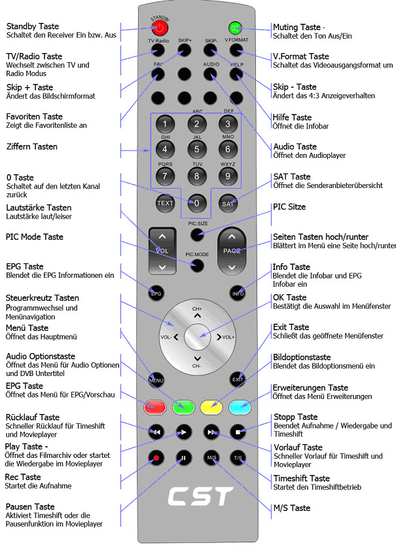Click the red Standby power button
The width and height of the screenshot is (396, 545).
159,28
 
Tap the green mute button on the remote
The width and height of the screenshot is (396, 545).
235,28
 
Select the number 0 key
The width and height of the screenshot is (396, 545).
196,203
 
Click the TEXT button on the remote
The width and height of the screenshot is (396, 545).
165,203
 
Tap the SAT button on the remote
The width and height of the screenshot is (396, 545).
228,203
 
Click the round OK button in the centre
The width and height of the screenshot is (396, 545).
196,337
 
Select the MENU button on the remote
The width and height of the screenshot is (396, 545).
156,379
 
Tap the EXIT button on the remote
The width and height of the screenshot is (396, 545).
237,379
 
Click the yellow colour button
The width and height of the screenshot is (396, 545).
211,407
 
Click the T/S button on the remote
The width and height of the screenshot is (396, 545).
237,457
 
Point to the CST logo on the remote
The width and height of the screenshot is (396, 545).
196,496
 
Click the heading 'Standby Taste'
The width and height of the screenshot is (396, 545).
33,27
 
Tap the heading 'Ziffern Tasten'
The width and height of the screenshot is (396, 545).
32,146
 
